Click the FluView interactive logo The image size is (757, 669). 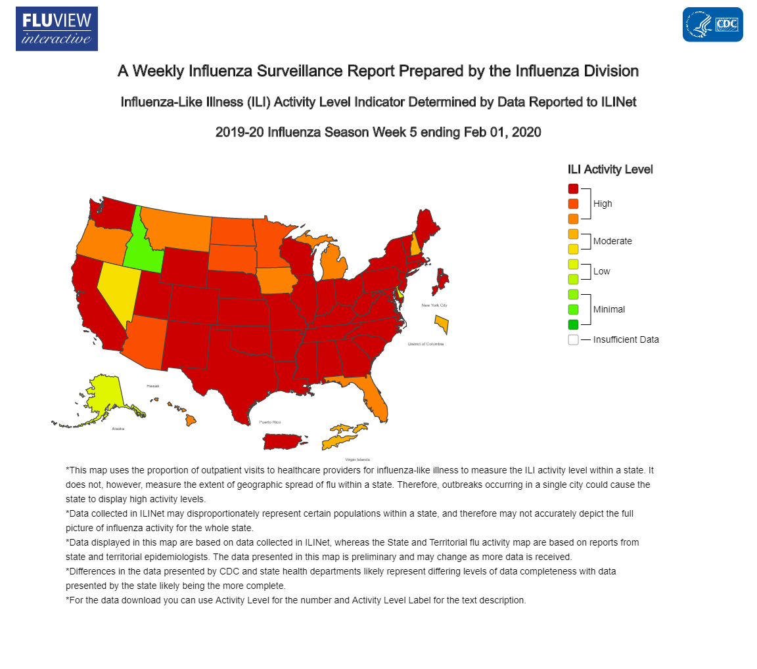pos(57,29)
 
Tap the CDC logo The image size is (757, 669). pos(712,25)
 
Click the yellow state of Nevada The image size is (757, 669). pos(114,289)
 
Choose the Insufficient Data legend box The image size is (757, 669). pos(573,339)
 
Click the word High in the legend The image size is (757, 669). pos(603,204)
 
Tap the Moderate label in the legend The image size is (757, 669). pos(612,241)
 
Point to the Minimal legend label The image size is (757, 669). pos(608,309)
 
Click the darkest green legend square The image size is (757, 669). pos(573,324)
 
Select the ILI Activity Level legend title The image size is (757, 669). pos(610,169)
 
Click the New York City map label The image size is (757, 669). pos(434,305)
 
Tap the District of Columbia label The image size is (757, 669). pos(426,344)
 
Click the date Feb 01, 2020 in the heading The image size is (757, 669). pos(503,132)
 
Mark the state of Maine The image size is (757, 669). pos(426,227)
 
